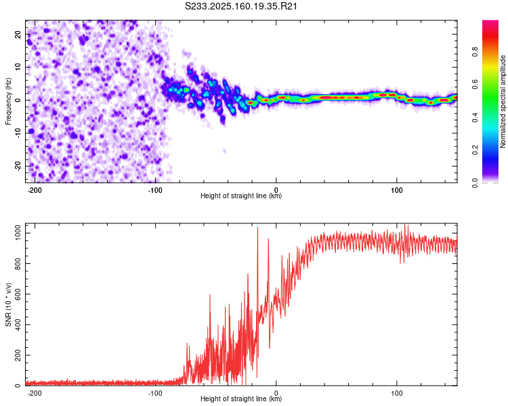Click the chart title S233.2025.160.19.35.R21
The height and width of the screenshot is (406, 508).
point(242,6)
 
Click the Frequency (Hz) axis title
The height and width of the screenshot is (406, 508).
point(8,101)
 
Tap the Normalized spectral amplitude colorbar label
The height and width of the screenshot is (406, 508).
point(503,101)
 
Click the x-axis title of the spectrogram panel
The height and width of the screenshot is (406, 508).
point(241,196)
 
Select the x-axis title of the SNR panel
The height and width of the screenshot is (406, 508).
point(241,399)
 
